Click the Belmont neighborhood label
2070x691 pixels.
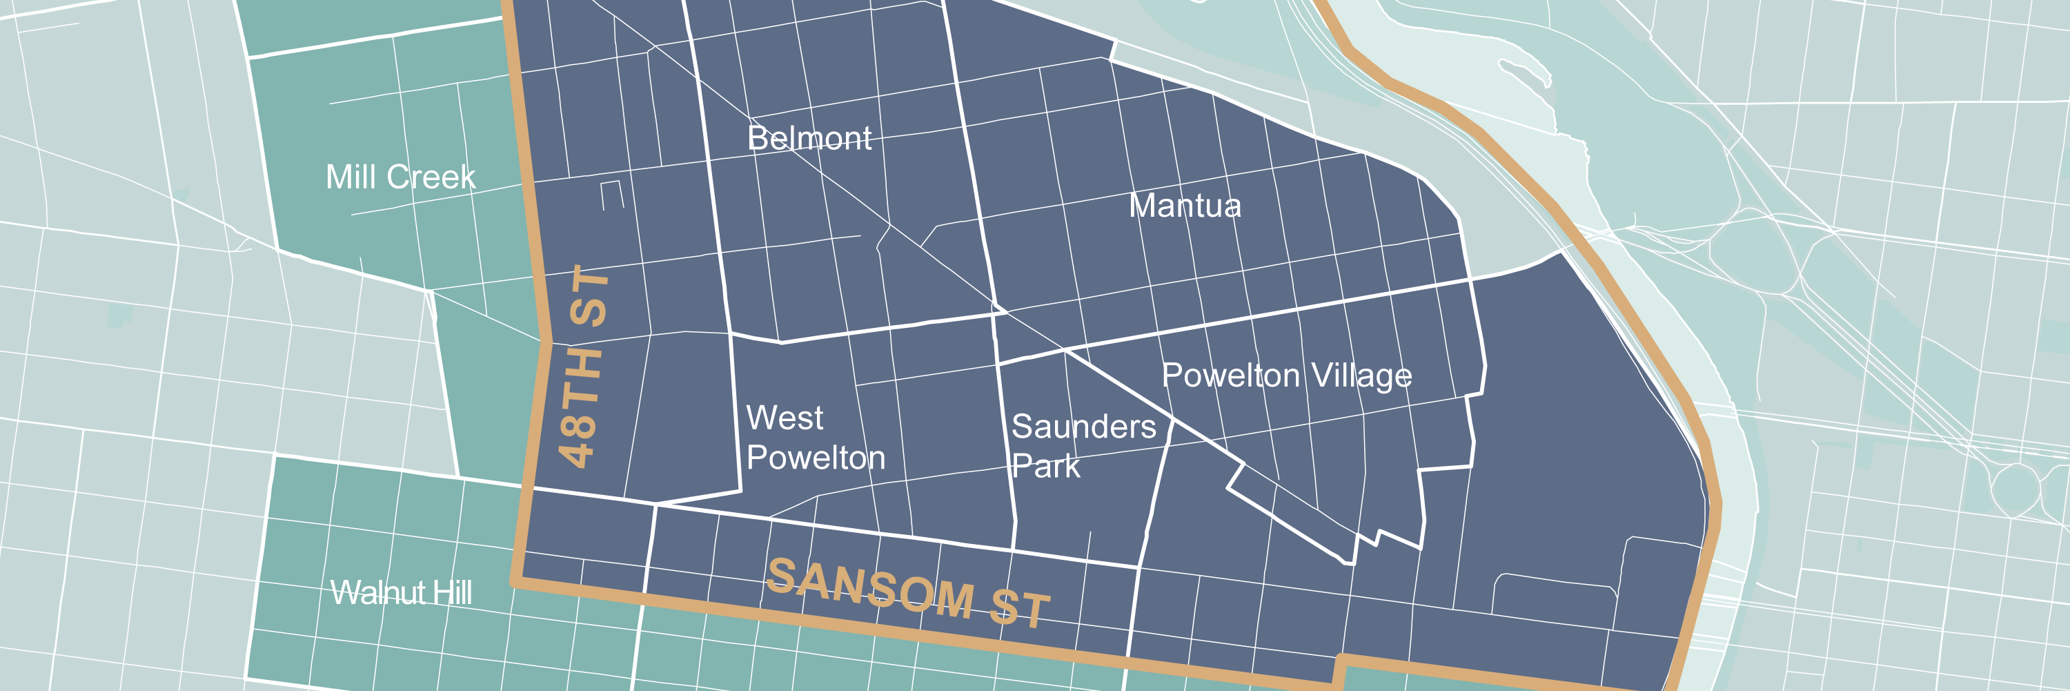(x=809, y=138)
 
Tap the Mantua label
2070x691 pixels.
(x=1185, y=206)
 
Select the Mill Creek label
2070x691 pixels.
(x=400, y=177)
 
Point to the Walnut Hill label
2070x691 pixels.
(x=401, y=593)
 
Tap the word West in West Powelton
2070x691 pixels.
(x=785, y=418)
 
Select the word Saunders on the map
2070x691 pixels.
(x=1083, y=427)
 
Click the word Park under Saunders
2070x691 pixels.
(x=1045, y=467)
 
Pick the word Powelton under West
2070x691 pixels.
(x=816, y=458)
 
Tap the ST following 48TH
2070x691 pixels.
(x=589, y=295)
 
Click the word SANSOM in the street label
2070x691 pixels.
(x=870, y=588)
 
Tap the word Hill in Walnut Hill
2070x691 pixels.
(x=452, y=593)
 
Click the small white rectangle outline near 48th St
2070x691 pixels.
(x=612, y=195)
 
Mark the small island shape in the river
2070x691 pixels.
(x=1523, y=70)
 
